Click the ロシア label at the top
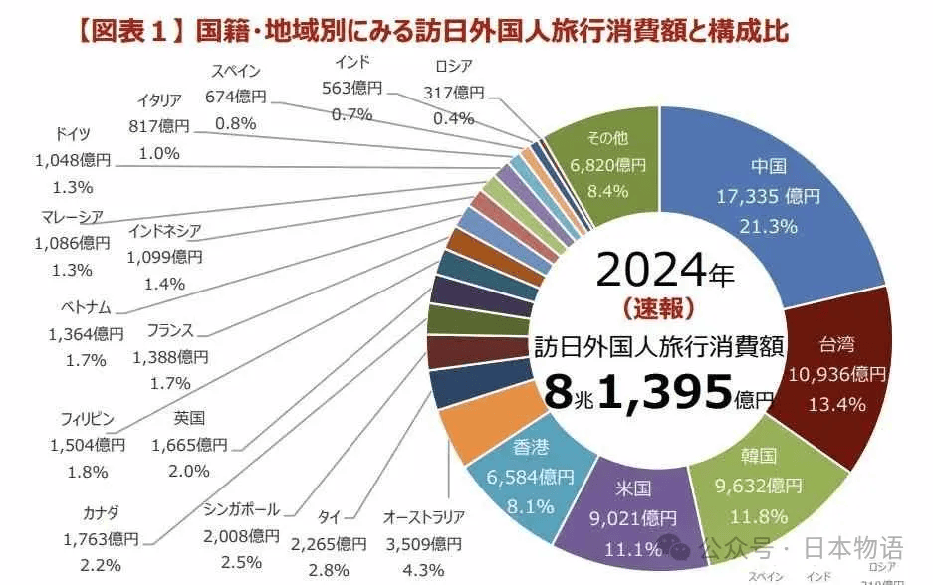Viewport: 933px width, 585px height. point(453,67)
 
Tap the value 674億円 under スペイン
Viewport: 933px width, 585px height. point(236,97)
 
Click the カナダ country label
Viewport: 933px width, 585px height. point(101,513)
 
